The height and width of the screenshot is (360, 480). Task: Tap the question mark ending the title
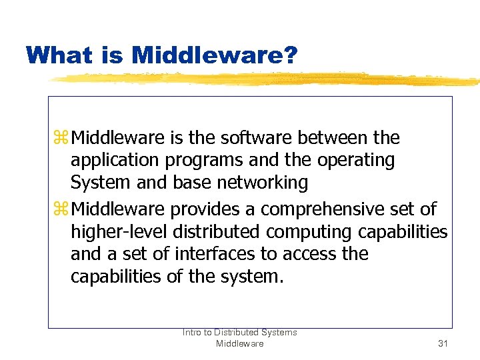pyautogui.click(x=290, y=55)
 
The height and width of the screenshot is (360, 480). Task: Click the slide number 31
pyautogui.click(x=443, y=343)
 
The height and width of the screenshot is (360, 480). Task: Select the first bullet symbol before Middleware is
pyautogui.click(x=63, y=138)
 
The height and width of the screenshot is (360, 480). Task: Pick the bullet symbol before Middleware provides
pyautogui.click(x=63, y=209)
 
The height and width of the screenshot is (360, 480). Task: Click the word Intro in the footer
pyautogui.click(x=193, y=332)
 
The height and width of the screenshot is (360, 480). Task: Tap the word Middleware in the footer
pyautogui.click(x=239, y=343)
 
